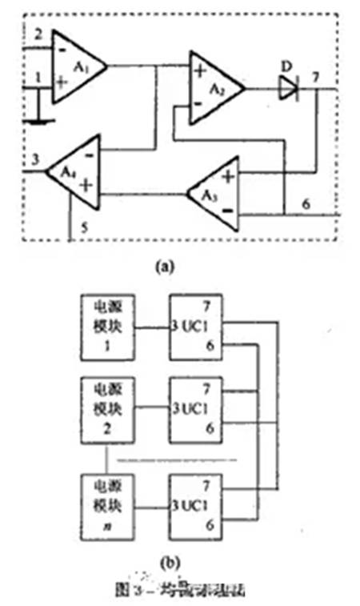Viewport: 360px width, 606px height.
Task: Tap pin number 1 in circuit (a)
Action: point(37,77)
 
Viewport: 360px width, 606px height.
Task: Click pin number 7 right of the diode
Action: point(318,77)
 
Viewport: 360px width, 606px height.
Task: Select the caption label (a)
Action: point(182,267)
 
